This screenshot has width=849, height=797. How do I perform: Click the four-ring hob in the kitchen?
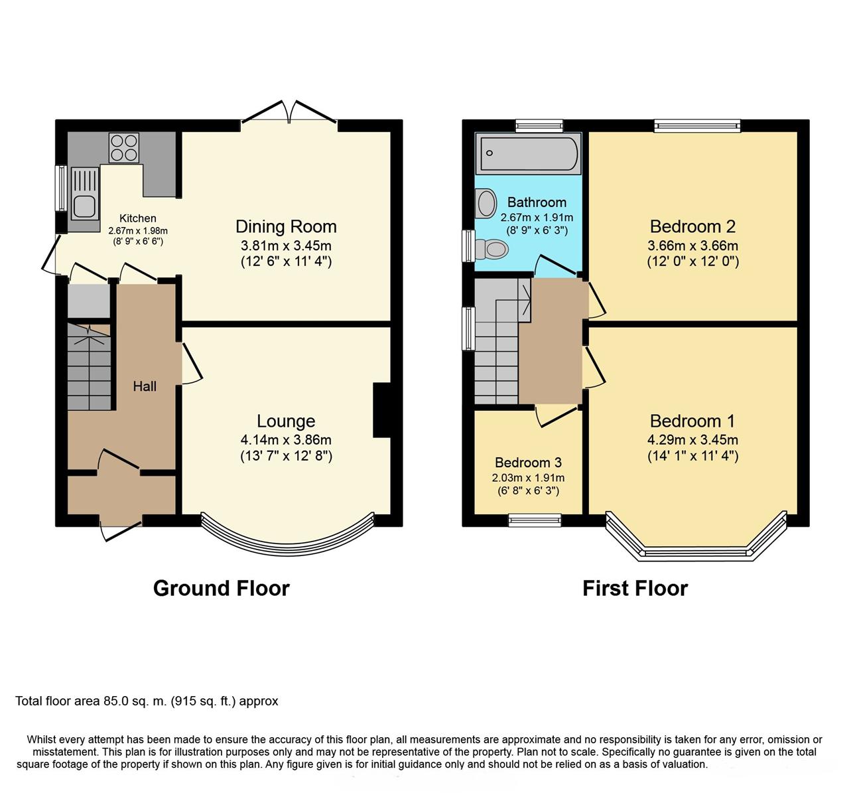(x=124, y=148)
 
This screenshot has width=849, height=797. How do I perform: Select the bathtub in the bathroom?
(x=529, y=153)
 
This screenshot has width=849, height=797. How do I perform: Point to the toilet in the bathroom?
(x=491, y=249)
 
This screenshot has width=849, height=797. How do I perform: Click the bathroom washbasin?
(x=486, y=204)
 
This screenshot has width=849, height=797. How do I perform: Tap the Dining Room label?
(x=286, y=226)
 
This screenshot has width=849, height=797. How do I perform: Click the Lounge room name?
(x=286, y=421)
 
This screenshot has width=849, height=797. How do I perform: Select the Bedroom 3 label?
(x=529, y=462)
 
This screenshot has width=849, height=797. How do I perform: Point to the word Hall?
(x=145, y=386)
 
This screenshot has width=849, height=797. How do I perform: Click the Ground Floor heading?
(x=222, y=589)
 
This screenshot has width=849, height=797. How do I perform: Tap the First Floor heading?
(x=635, y=589)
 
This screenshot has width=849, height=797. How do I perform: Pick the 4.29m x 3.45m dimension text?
(x=693, y=439)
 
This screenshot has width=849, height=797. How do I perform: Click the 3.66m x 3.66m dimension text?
(x=693, y=246)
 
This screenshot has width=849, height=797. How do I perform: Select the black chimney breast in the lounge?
(x=382, y=410)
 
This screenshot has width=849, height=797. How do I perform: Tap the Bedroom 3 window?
(x=535, y=520)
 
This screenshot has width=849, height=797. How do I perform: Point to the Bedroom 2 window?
(x=698, y=126)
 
